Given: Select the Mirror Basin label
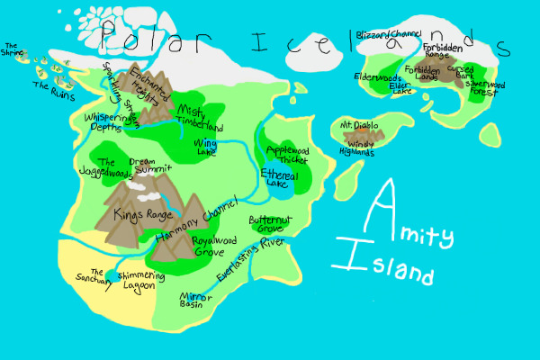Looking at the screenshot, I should click(191, 300).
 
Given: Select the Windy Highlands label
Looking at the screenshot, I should click(360, 148).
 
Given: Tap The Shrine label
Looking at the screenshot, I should click(13, 49).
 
